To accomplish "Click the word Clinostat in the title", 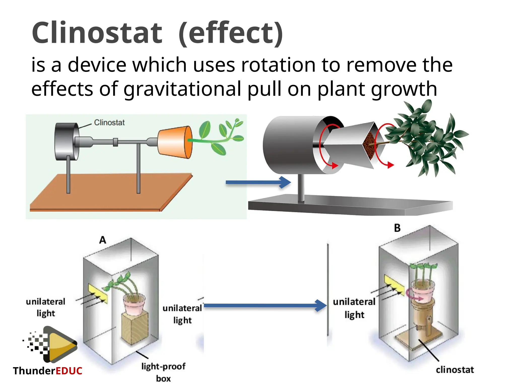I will click(x=97, y=33).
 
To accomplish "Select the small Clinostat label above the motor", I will click(x=109, y=123).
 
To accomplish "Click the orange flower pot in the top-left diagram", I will click(x=174, y=142).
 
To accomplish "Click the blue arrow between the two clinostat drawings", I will click(x=258, y=182).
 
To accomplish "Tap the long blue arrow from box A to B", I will click(x=265, y=306).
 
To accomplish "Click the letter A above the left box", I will click(x=103, y=240).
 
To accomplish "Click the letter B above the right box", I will click(x=397, y=228).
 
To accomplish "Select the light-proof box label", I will click(x=163, y=372).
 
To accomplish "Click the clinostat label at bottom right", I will click(x=455, y=370).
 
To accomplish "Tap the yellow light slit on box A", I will click(x=98, y=293).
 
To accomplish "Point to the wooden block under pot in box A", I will click(x=135, y=328).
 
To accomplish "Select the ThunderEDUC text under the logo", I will click(x=48, y=371).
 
